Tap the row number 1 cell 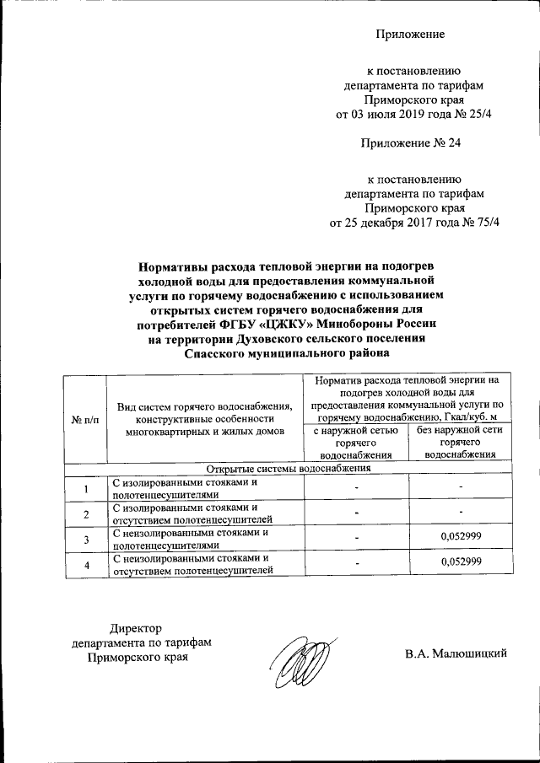pyautogui.click(x=85, y=489)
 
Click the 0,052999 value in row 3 pyautogui.click(x=461, y=537)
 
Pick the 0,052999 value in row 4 pyautogui.click(x=461, y=562)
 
